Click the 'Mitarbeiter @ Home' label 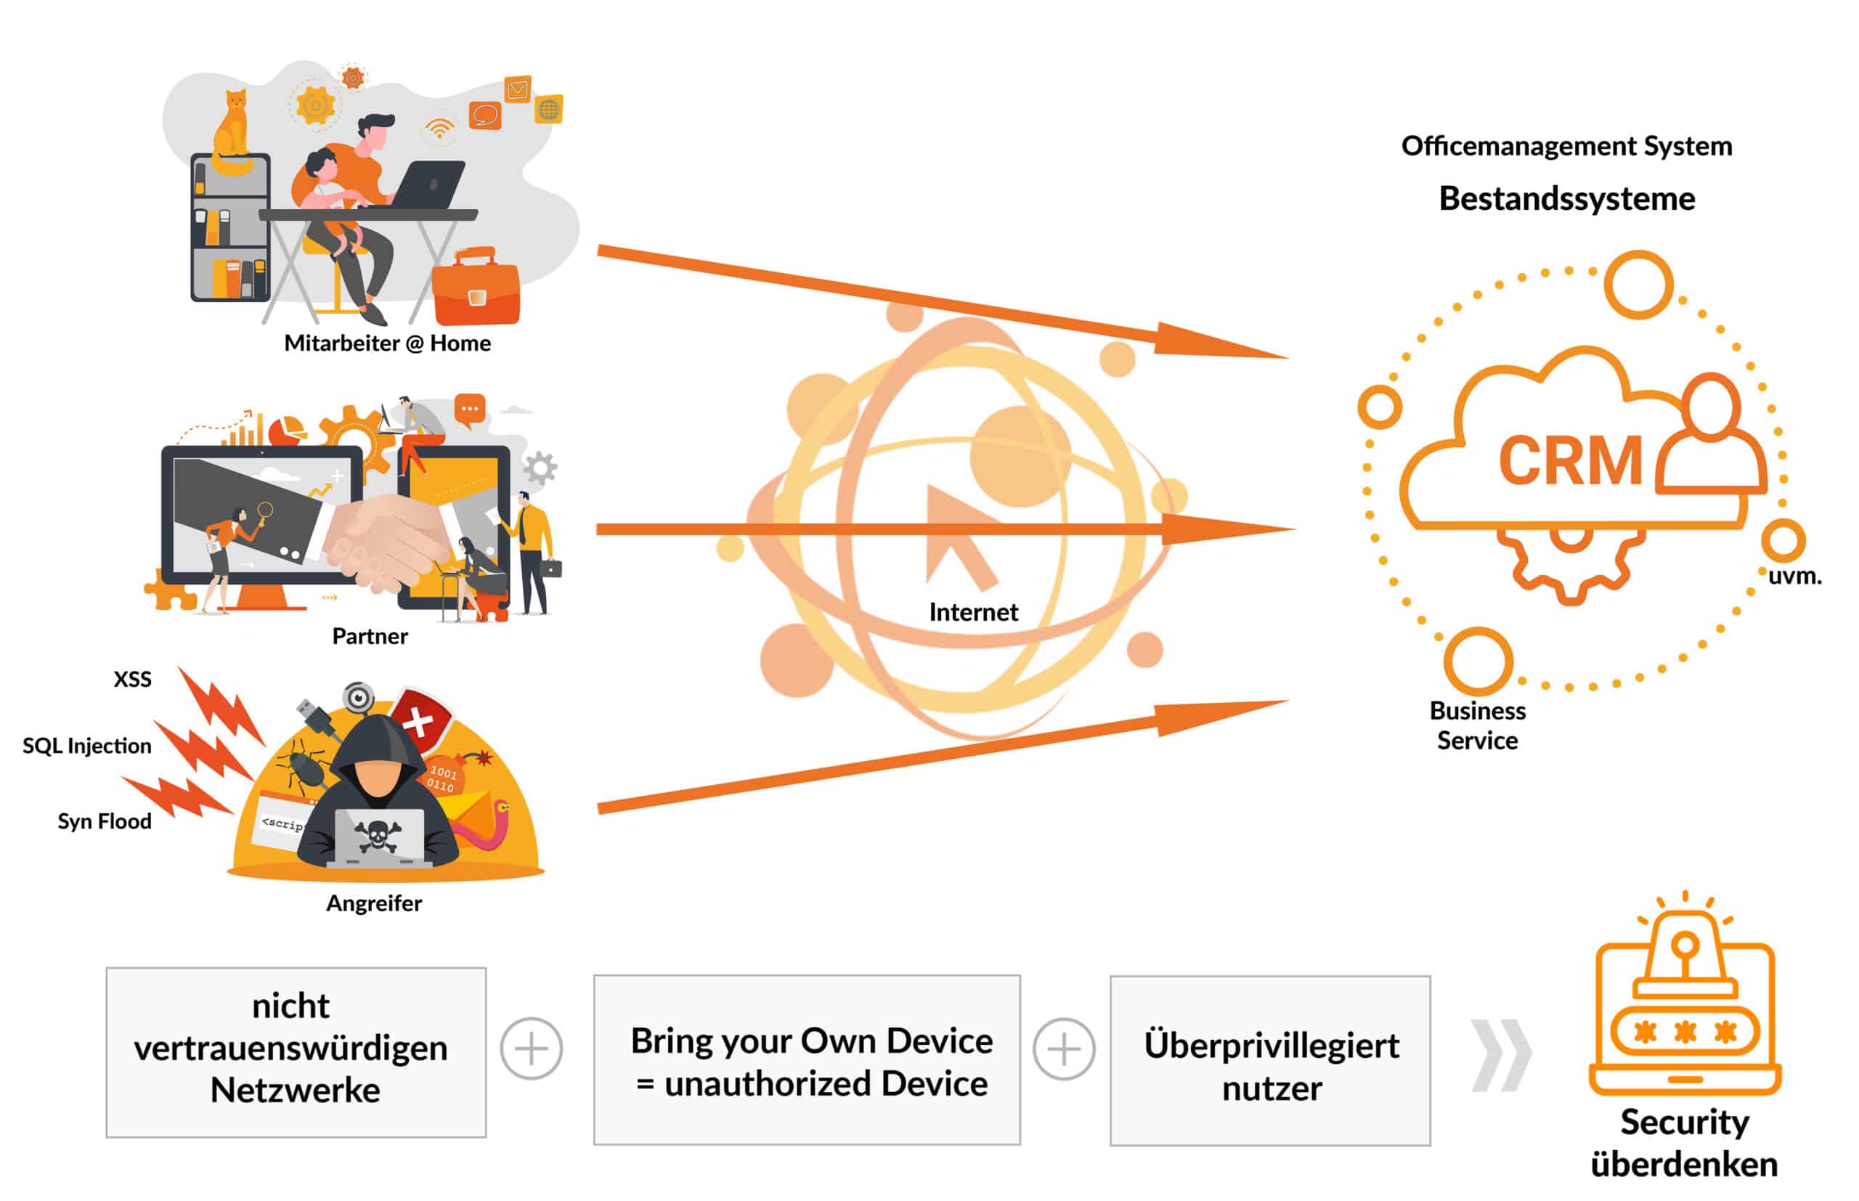click(x=387, y=343)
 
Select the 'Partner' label click(x=370, y=636)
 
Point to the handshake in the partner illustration click(x=382, y=538)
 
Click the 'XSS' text click(x=133, y=679)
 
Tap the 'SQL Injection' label click(x=87, y=746)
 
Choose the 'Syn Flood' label click(x=105, y=821)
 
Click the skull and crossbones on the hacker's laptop click(x=378, y=836)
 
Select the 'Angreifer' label click(x=373, y=903)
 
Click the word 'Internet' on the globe click(x=973, y=612)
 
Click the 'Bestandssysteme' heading click(x=1566, y=199)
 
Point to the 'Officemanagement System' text click(x=1566, y=146)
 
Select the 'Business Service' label click(x=1477, y=725)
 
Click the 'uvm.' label click(x=1794, y=577)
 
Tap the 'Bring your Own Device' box click(x=806, y=1060)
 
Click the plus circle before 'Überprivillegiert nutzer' click(x=1064, y=1049)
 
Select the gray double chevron click(x=1500, y=1054)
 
